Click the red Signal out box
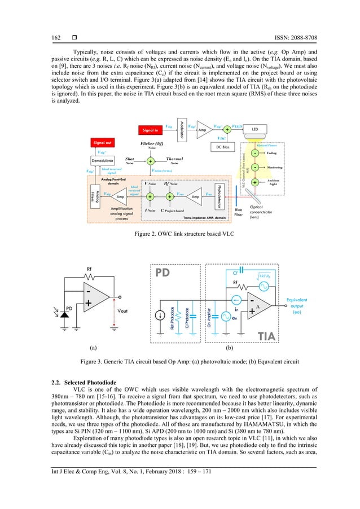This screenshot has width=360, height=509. pyautogui.click(x=103, y=143)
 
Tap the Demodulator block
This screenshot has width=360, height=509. pyautogui.click(x=103, y=160)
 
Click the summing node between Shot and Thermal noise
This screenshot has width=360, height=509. pyautogui.click(x=150, y=161)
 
